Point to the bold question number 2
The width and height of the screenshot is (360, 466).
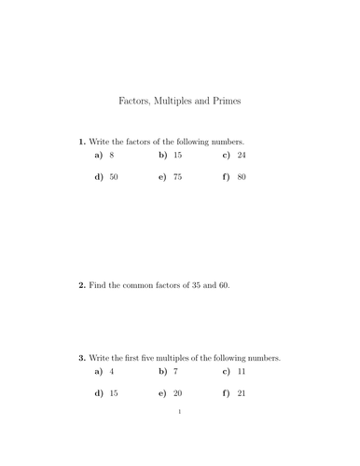click(x=81, y=285)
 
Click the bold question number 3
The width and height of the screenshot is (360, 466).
click(x=81, y=357)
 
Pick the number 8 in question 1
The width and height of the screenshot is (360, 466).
click(x=112, y=155)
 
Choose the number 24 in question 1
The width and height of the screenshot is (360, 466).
click(x=242, y=155)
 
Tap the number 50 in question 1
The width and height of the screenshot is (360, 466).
click(x=114, y=176)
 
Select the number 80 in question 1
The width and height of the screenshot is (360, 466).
click(x=242, y=176)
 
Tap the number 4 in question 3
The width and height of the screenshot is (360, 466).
click(x=112, y=372)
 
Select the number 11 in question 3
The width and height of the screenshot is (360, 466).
click(x=242, y=372)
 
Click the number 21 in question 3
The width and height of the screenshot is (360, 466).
click(x=242, y=393)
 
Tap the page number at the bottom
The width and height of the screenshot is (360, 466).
click(x=179, y=410)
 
